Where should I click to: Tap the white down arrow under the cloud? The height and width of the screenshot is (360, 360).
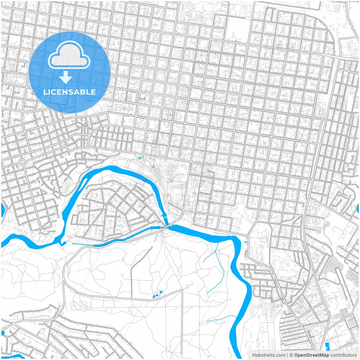click(66, 77)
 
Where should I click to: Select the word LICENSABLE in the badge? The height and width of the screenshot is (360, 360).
click(69, 92)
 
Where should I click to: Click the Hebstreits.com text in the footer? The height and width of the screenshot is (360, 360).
click(269, 355)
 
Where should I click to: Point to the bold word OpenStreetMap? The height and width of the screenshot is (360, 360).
click(311, 355)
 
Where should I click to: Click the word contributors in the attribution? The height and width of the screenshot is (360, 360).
click(343, 355)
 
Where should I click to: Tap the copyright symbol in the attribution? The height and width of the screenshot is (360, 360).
click(291, 355)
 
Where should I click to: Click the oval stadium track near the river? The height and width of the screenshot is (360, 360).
click(177, 194)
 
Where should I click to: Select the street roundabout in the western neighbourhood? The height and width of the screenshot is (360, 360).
click(22, 162)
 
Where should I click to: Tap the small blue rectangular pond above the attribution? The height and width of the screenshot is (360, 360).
click(327, 345)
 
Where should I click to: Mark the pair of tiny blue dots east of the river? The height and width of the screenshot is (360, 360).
click(246, 242)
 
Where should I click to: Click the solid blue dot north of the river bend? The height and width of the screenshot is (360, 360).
click(139, 158)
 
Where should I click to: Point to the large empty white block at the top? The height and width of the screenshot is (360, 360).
click(237, 31)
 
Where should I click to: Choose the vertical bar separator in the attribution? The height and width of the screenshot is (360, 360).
click(287, 355)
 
